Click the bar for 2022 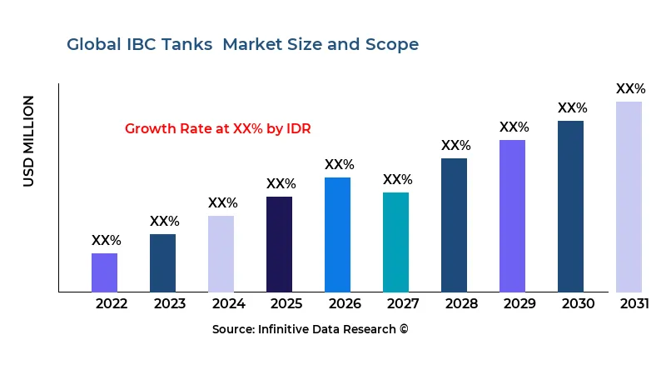coord(104,272)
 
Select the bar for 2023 coord(162,262)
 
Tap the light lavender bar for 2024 coord(221,253)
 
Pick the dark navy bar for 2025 coord(279,244)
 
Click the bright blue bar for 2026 coord(337,234)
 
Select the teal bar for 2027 coord(395,242)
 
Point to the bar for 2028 coord(454,225)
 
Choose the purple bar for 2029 coord(512,216)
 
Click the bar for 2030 coord(570,206)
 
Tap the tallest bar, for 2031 coord(629,197)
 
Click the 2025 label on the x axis coord(286,303)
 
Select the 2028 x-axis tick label coord(461,303)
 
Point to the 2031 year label coord(634,303)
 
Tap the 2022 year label coord(112,303)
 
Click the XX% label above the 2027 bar coord(397,180)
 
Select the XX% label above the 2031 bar coord(630,89)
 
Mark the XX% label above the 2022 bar coord(106,241)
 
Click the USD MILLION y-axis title coord(29,141)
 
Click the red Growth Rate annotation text coord(217,128)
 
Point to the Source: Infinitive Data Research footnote coord(310,329)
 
